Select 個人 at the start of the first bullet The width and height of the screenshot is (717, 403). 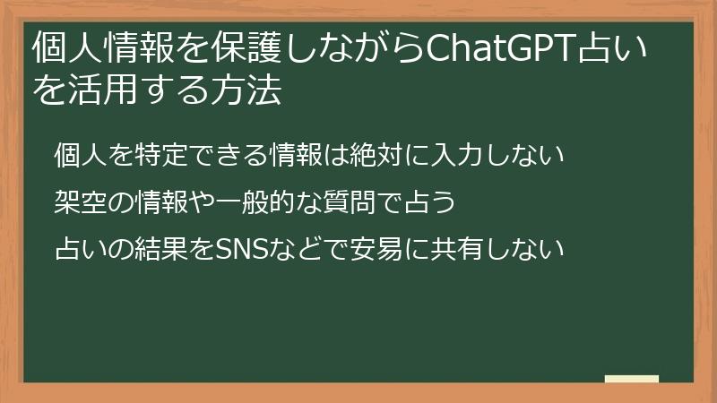click(x=81, y=155)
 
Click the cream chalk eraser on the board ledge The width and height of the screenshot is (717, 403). click(x=632, y=378)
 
